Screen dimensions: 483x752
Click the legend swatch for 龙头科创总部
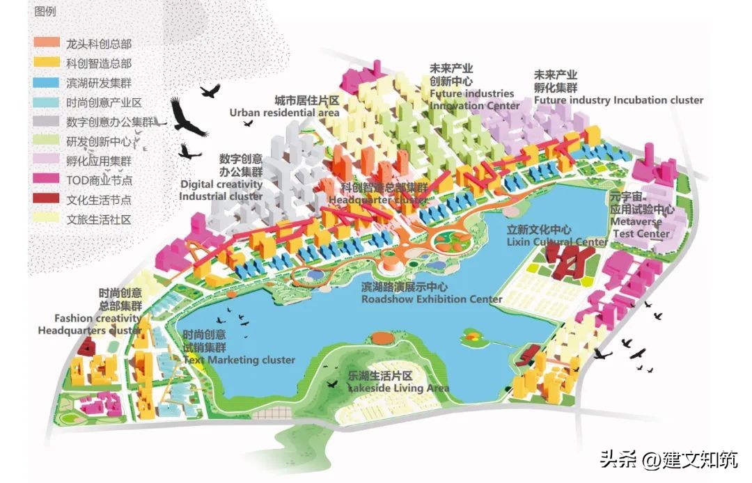pyautogui.click(x=45, y=43)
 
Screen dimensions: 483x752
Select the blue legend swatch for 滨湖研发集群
pyautogui.click(x=45, y=82)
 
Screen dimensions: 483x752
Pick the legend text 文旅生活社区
pyautogui.click(x=99, y=219)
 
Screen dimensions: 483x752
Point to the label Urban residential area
pyautogui.click(x=285, y=112)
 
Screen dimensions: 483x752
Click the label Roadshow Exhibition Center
pyautogui.click(x=432, y=299)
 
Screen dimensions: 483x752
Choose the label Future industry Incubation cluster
pyautogui.click(x=618, y=100)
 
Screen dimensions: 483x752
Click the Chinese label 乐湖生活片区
pyautogui.click(x=381, y=376)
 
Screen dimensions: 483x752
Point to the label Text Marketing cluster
pyautogui.click(x=239, y=360)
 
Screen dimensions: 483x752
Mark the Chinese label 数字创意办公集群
pyautogui.click(x=241, y=164)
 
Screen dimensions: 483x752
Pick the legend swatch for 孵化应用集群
pyautogui.click(x=45, y=160)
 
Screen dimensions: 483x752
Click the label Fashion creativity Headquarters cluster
pyautogui.click(x=92, y=324)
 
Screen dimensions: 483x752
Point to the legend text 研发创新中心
pyautogui.click(x=99, y=141)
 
